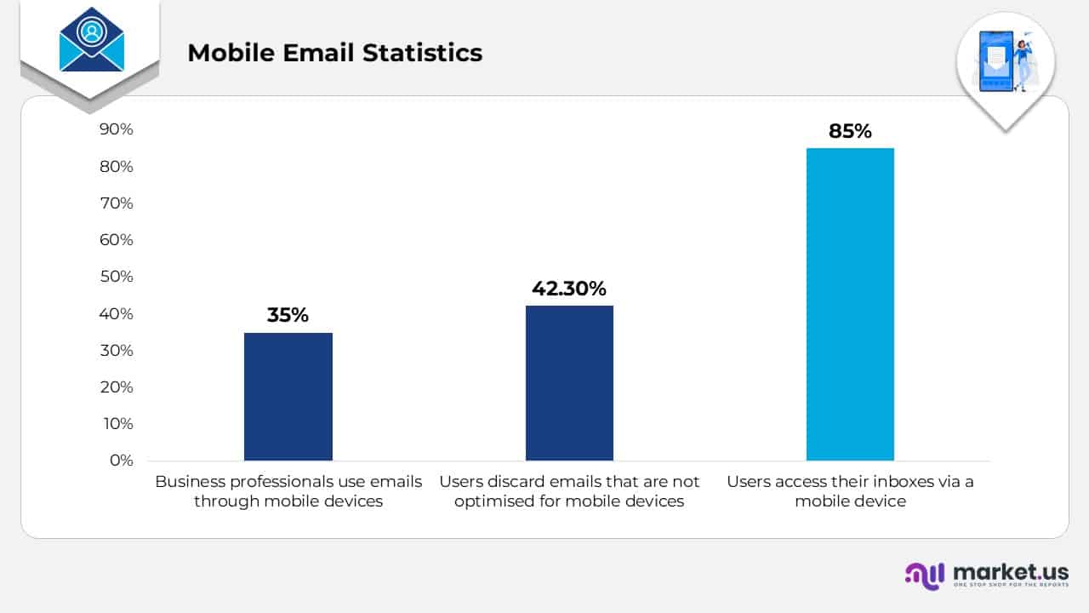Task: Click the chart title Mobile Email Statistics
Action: click(x=334, y=53)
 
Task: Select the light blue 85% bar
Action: click(x=850, y=304)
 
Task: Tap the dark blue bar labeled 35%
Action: click(x=288, y=396)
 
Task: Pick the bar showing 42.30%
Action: click(x=569, y=382)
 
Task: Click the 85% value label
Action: click(x=850, y=132)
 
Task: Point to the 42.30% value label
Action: click(x=569, y=289)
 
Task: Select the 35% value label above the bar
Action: click(x=288, y=315)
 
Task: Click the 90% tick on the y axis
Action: click(x=117, y=129)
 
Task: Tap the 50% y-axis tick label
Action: click(x=117, y=277)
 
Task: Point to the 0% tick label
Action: click(x=121, y=461)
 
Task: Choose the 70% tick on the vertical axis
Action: click(x=117, y=203)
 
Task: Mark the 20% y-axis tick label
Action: click(x=117, y=387)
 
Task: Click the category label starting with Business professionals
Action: click(x=288, y=491)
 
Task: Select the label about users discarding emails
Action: click(x=569, y=491)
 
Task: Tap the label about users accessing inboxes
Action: click(x=850, y=491)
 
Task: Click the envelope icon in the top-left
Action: click(x=91, y=40)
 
